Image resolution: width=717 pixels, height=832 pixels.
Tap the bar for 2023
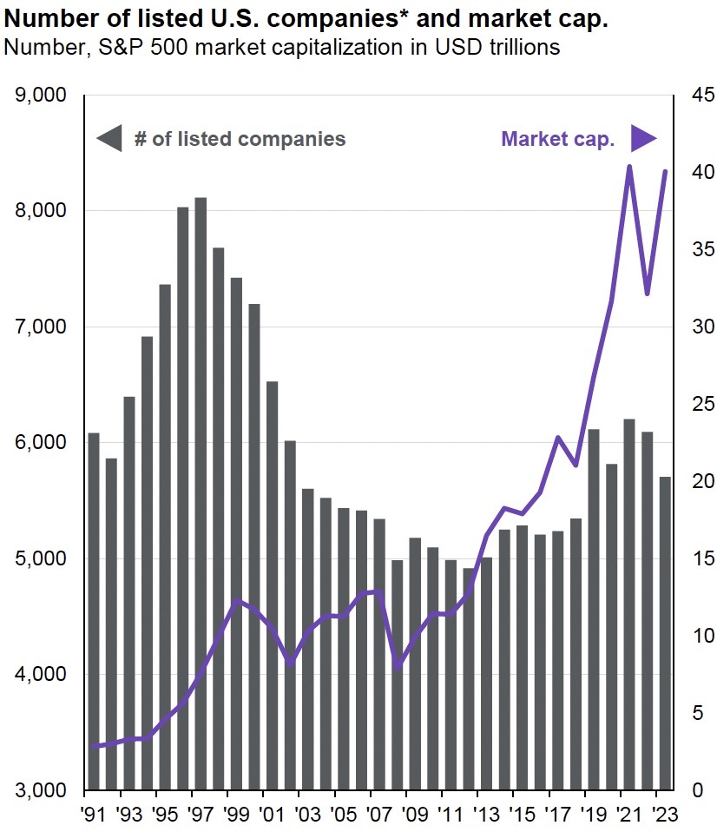[666, 633]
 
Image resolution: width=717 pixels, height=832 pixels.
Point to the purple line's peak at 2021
[629, 166]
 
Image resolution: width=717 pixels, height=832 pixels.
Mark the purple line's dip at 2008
[398, 669]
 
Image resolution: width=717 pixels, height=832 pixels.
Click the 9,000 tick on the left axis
[43, 95]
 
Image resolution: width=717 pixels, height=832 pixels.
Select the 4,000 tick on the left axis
[43, 675]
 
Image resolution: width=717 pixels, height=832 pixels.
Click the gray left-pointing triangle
[109, 139]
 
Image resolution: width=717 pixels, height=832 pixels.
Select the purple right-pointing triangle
[643, 139]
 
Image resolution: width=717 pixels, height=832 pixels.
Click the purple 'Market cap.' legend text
[557, 139]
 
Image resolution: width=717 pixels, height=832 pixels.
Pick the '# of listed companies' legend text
[240, 139]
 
